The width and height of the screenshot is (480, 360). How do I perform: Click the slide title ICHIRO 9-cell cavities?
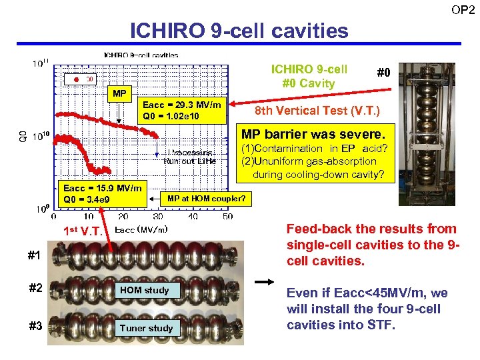tap(239, 30)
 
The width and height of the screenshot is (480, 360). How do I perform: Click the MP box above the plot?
tap(119, 93)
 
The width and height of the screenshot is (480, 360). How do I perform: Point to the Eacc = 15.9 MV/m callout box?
tap(102, 193)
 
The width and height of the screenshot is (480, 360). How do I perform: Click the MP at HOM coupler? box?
tap(206, 198)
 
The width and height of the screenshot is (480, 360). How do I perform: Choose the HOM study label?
tap(145, 290)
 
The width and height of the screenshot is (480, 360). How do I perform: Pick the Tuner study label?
tap(145, 328)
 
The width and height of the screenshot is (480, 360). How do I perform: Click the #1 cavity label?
tap(34, 255)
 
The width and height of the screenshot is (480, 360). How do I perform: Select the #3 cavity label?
tap(36, 326)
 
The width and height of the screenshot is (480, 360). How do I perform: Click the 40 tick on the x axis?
tap(193, 216)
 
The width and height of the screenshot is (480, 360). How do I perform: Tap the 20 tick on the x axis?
tap(123, 216)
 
